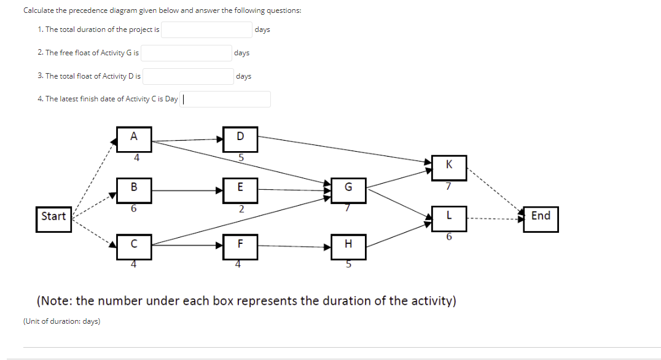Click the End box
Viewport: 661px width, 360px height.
[541, 219]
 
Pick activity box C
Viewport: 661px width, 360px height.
[134, 246]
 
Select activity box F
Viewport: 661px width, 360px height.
[240, 246]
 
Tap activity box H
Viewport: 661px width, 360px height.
[348, 246]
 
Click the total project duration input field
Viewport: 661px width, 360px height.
[206, 29]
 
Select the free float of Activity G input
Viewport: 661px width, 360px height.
[186, 53]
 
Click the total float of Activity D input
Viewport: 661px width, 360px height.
[187, 76]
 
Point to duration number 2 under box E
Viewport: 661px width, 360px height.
[240, 209]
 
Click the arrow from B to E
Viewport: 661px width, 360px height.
[187, 190]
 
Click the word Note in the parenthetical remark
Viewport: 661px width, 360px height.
[57, 301]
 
